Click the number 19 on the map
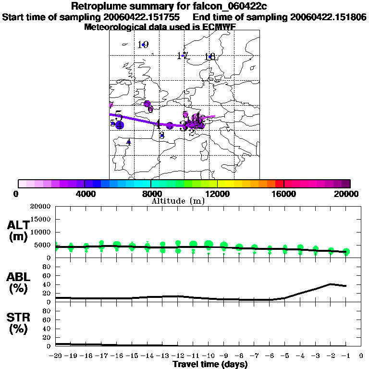point(143,45)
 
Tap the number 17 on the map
point(182,56)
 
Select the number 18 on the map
point(209,57)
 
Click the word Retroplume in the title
point(98,6)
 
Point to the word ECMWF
point(219,27)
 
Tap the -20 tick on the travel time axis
point(56,356)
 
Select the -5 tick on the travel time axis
point(285,356)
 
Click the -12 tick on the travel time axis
point(178,356)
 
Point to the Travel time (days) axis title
point(210,364)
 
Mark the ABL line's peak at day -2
point(331,284)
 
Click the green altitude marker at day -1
point(346,252)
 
